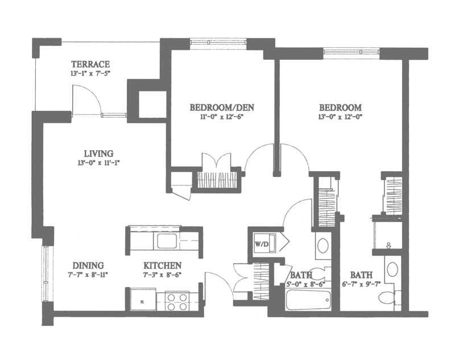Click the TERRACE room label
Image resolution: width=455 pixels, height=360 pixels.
90,64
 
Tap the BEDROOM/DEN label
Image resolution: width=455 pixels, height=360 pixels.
222,107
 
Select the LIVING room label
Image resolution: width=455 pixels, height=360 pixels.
98,153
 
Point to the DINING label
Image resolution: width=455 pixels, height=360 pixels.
88,266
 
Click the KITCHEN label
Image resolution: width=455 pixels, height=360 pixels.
163,266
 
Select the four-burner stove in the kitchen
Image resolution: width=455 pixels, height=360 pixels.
177,301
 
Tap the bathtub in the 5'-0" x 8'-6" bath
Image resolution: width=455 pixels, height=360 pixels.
308,300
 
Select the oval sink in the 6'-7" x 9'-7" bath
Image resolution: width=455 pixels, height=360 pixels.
392,269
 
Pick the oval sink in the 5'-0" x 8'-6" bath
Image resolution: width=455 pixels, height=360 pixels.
322,246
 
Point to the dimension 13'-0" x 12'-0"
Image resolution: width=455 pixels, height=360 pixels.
341,117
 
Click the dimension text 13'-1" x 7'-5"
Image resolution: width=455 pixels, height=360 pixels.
90,73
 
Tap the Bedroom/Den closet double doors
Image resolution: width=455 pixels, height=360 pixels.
217,163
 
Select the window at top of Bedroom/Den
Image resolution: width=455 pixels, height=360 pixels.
218,42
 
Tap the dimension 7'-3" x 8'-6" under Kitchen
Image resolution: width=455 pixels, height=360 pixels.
163,275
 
